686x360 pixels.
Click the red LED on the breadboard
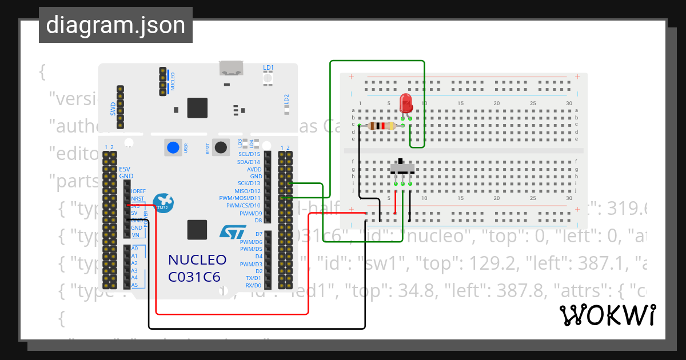tap(406, 104)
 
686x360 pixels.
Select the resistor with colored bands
tap(381, 126)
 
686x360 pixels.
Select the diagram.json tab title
tap(115, 26)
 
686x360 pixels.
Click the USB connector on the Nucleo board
tap(232, 69)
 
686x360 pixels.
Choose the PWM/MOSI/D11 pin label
tap(240, 198)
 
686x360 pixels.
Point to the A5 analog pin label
tap(134, 285)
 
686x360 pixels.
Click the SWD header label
tap(113, 109)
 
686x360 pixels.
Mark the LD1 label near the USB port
tap(268, 67)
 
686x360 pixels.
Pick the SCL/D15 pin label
tap(249, 154)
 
